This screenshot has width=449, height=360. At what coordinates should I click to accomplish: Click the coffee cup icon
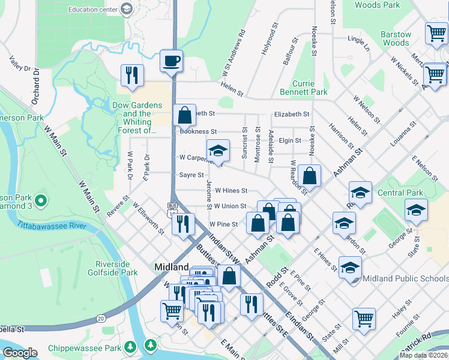171,61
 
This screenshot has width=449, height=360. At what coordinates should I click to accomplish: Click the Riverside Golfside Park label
116,268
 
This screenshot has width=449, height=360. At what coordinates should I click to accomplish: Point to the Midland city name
172,267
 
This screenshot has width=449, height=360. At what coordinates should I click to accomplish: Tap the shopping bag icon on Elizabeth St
185,114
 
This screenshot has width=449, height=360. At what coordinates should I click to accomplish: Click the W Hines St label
231,191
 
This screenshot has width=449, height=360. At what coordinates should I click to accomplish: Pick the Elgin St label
289,140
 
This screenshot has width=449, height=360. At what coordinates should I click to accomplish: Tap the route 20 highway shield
100,318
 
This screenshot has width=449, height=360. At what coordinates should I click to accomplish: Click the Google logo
20,353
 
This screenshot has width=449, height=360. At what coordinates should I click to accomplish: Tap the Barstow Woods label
396,38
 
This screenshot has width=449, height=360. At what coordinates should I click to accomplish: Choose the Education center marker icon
127,9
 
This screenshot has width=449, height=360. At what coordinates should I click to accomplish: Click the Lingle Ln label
358,40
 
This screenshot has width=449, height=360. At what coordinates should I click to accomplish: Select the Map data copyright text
423,355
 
